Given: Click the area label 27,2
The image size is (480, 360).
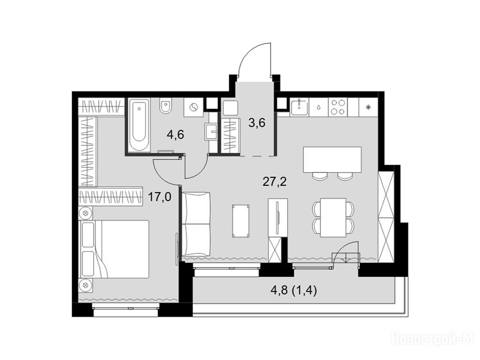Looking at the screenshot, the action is tap(275, 182).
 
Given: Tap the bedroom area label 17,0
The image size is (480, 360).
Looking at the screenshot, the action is tap(159, 196).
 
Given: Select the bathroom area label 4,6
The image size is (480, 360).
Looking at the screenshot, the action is tap(175, 135).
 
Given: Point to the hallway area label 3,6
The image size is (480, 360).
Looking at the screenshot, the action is tap(256, 123).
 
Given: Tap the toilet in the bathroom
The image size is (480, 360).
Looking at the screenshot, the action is tap(166, 106).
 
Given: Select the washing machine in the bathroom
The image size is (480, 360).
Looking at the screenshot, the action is tap(193, 107).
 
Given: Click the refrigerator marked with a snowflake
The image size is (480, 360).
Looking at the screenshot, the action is tap(369, 107).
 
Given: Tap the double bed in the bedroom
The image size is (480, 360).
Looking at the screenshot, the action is tap(114, 249).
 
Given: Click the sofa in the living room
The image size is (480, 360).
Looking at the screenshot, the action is tap(196, 225).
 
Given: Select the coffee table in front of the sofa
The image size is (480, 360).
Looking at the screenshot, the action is tap(241, 221).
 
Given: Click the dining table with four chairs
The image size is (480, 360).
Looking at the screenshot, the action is tap(333, 217).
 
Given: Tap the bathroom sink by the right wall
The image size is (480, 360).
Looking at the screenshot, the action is tap(210, 132).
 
